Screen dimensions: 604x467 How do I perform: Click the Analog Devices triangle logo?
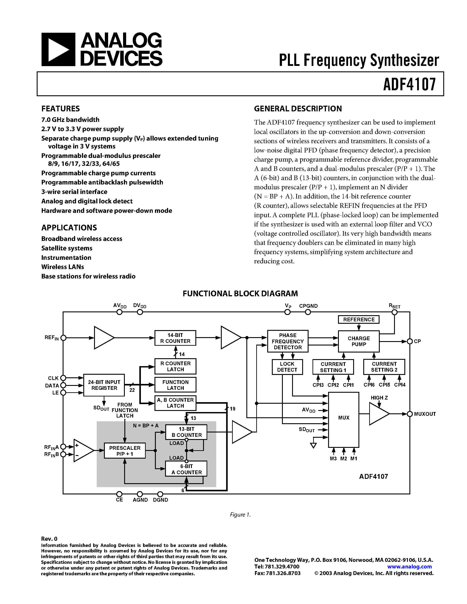pyautogui.click(x=58, y=49)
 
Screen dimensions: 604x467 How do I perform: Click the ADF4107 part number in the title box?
pyautogui.click(x=409, y=84)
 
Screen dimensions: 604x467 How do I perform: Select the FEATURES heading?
pyautogui.click(x=61, y=109)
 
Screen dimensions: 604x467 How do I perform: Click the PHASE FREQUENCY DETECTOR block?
pyautogui.click(x=288, y=341)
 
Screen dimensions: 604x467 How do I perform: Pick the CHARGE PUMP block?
pyautogui.click(x=359, y=341)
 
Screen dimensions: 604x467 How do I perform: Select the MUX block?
pyautogui.click(x=344, y=418)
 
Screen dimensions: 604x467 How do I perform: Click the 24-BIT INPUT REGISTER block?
pyautogui.click(x=104, y=385)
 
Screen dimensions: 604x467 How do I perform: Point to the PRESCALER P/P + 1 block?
pyautogui.click(x=125, y=451)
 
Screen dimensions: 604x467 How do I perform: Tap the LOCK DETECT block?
pyautogui.click(x=287, y=367)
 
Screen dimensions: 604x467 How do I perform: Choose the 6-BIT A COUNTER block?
pyautogui.click(x=186, y=469)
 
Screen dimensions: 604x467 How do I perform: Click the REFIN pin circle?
pyautogui.click(x=63, y=338)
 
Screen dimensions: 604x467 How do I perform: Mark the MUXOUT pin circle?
pyautogui.click(x=410, y=414)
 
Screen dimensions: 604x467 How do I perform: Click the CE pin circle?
pyautogui.click(x=119, y=494)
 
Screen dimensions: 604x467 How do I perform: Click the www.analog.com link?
pyautogui.click(x=409, y=566)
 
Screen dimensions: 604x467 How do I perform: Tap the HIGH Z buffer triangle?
pyautogui.click(x=378, y=414)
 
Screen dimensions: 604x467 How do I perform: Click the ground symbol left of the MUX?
pyautogui.click(x=313, y=446)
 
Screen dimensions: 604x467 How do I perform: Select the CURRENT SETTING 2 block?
pyautogui.click(x=384, y=367)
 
